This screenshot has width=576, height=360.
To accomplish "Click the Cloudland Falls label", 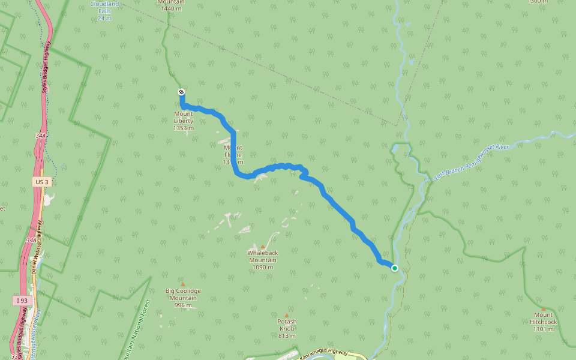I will coord(104,10).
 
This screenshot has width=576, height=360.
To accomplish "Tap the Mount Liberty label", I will coord(184,121).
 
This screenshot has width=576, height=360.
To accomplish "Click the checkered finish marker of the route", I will coord(181,92).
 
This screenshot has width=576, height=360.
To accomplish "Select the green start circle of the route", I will coord(395,268).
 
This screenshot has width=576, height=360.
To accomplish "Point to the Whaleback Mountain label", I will coord(263,260).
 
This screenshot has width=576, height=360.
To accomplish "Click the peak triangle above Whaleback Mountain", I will coord(263,247).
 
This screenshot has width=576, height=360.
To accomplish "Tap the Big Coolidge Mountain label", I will coord(184,298).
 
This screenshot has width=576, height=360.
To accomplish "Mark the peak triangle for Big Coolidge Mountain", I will coord(183,284).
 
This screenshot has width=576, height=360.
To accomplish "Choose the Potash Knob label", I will coord(287,328).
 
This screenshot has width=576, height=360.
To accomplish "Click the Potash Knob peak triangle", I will coord(287,315).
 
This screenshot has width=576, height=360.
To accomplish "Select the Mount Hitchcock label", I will coord(544,322).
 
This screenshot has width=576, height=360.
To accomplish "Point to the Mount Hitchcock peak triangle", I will coord(544,308).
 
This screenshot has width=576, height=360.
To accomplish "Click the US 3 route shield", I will coord(41,181).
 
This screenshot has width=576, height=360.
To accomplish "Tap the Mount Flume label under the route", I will coord(233,155).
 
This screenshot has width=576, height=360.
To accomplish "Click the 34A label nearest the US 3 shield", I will coord(40,136).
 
